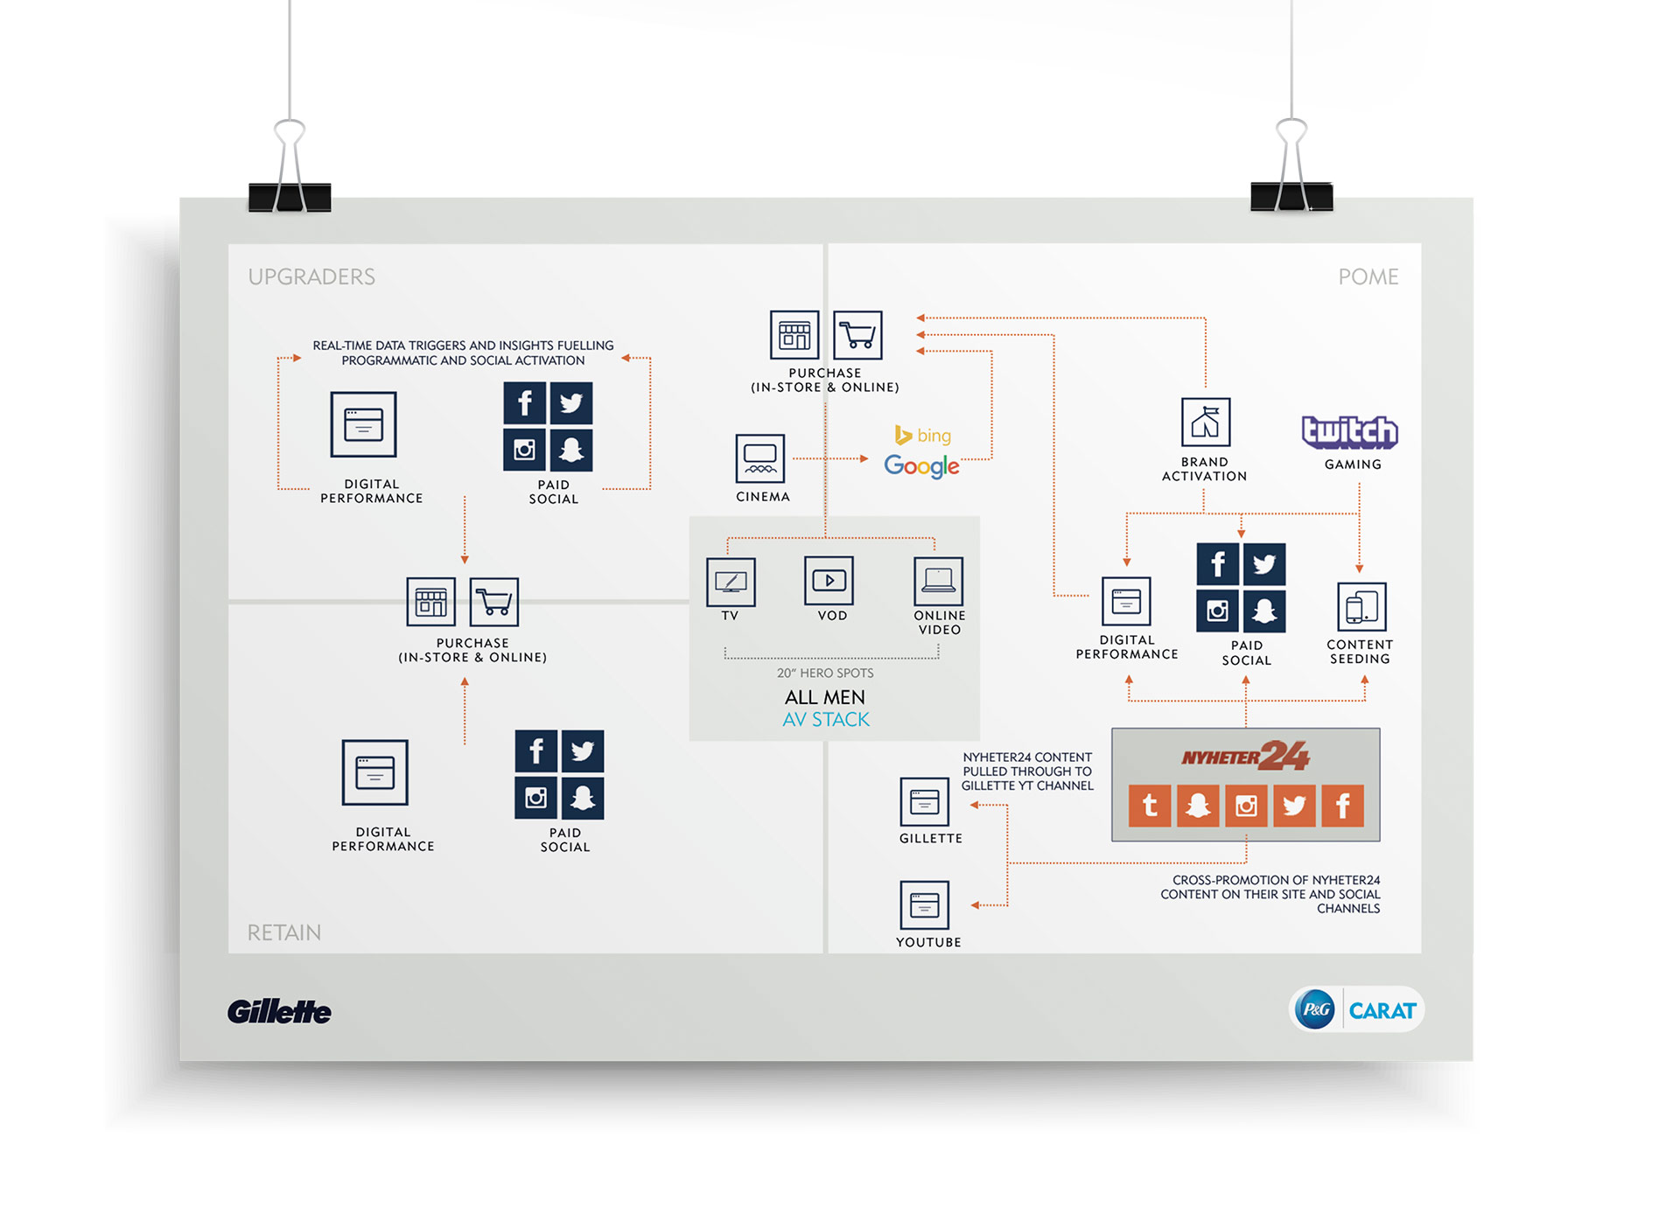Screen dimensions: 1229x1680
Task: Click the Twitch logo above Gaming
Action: coord(1349,432)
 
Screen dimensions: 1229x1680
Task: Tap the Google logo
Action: coord(921,465)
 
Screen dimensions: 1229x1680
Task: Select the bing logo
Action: coord(923,435)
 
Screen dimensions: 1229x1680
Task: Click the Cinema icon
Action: coord(759,458)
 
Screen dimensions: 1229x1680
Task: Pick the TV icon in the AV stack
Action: coord(731,582)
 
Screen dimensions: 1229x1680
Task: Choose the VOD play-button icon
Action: coord(829,580)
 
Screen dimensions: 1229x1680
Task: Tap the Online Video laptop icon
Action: coord(938,581)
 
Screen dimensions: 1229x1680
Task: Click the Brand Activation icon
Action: coord(1205,422)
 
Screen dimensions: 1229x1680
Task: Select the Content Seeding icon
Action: coord(1361,606)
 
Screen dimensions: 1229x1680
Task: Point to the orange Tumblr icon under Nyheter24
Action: coord(1150,806)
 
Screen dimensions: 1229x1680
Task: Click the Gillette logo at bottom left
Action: coord(279,1012)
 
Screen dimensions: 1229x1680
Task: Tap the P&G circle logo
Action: coord(1316,1009)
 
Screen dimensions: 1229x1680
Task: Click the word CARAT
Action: coord(1382,1011)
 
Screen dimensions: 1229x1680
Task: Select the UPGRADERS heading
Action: coord(311,277)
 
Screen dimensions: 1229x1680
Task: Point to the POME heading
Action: coord(1368,277)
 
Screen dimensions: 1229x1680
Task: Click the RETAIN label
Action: coord(283,932)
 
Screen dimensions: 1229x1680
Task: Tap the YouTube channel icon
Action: coord(924,905)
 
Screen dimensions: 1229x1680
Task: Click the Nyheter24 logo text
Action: coord(1244,756)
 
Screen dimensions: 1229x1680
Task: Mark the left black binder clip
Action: coord(290,196)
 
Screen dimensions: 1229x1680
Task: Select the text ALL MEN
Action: coord(824,697)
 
